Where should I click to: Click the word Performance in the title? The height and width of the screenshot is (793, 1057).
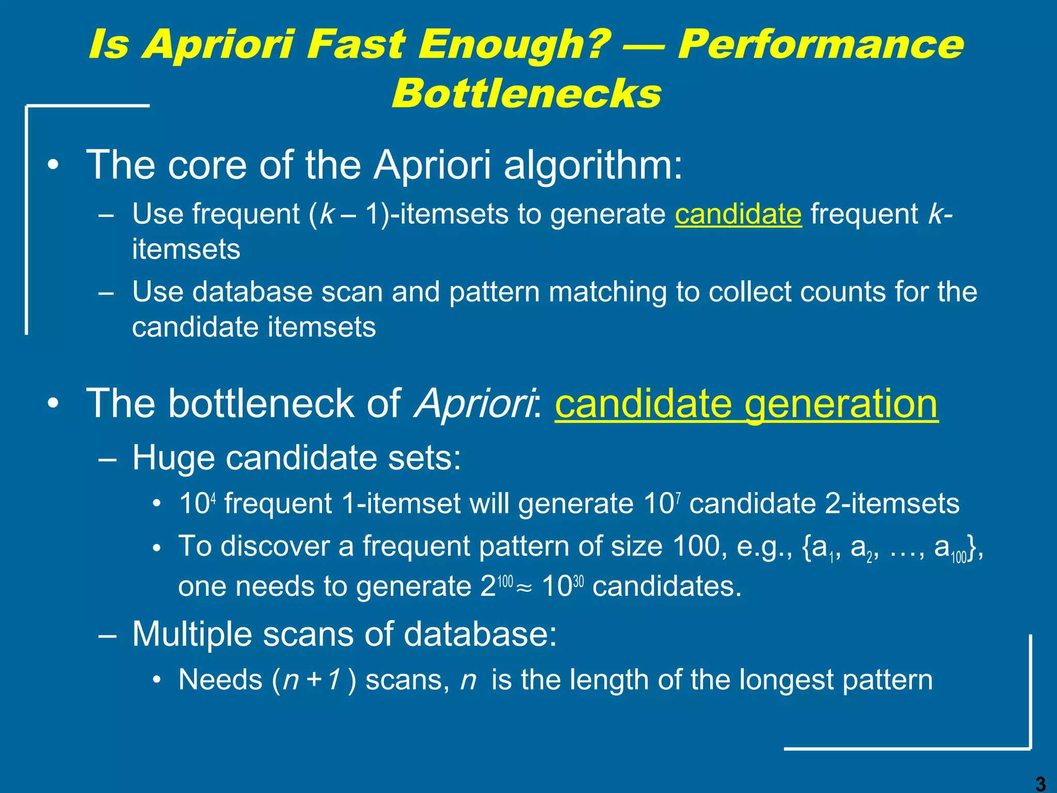tap(820, 44)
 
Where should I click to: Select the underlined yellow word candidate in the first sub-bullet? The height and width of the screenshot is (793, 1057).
tap(738, 214)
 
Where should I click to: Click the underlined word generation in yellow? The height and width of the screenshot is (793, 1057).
tap(841, 404)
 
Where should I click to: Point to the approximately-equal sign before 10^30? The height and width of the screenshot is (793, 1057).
tap(524, 588)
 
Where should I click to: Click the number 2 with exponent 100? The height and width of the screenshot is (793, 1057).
tap(488, 586)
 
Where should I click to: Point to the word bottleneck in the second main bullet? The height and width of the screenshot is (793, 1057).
tap(261, 404)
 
